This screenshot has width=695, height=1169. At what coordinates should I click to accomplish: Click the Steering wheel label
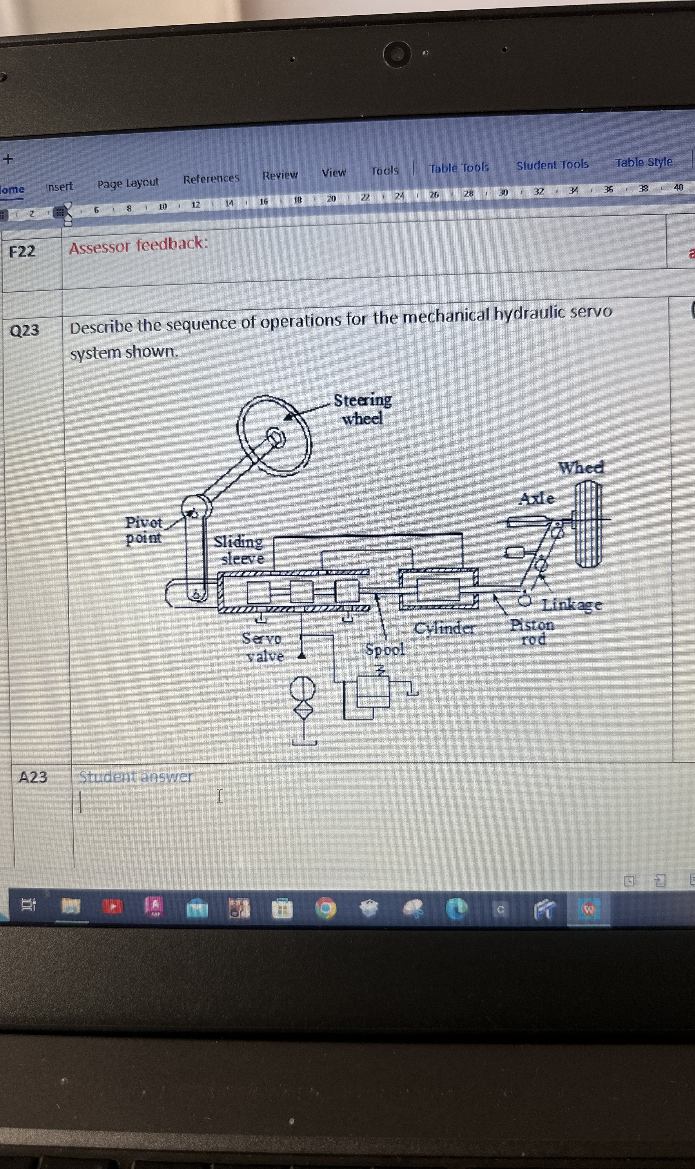pos(362,409)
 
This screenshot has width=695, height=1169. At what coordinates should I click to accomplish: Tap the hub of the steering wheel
pos(275,438)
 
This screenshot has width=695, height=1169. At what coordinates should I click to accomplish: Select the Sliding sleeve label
pos(239,550)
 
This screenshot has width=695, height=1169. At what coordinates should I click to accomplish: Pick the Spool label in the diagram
pos(384,650)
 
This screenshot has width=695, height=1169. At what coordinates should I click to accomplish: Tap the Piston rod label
pos(532,631)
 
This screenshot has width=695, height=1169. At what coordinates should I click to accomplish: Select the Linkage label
pos(571,605)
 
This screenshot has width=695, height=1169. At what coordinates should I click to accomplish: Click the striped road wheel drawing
pos(588,524)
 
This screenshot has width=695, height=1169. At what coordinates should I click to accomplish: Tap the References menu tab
pos(211,178)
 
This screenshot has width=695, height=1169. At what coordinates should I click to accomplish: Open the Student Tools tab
pos(552,165)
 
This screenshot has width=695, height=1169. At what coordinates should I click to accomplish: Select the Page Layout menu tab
pos(128,183)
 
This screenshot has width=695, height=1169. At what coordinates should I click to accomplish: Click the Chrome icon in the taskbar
pos(326,908)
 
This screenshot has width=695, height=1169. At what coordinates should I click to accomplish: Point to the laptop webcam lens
pos(397,54)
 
